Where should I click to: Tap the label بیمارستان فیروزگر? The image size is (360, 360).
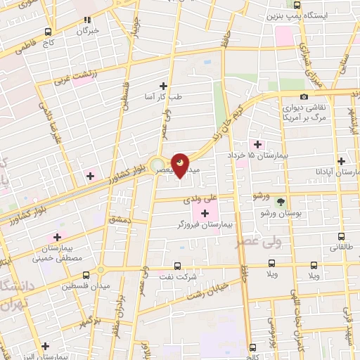[x=205, y=224]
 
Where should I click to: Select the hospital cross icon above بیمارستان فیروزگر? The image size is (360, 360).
[x=205, y=213]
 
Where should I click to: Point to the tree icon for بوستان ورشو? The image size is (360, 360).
[x=281, y=202]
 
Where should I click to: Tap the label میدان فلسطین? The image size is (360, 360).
[x=79, y=286]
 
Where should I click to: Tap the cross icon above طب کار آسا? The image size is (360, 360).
[x=163, y=86]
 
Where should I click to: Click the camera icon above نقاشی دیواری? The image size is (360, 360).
[x=304, y=96]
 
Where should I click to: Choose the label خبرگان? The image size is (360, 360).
[x=88, y=31]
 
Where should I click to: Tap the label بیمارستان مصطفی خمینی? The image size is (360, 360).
[x=56, y=254]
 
